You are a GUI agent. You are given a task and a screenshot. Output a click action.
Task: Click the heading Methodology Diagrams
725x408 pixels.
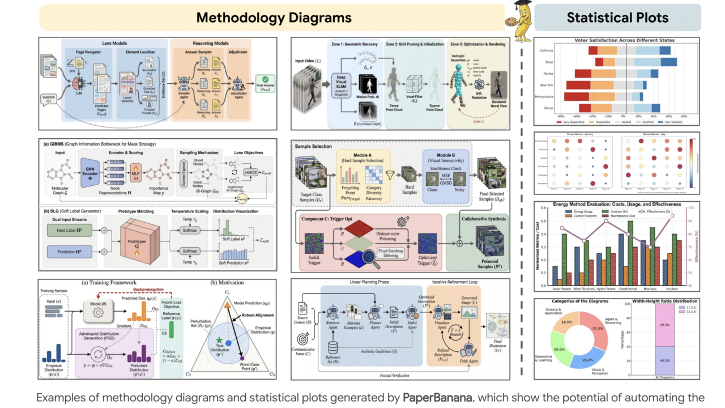tap(274, 18)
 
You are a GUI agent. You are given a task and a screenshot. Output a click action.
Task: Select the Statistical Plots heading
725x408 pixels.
tap(617, 18)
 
